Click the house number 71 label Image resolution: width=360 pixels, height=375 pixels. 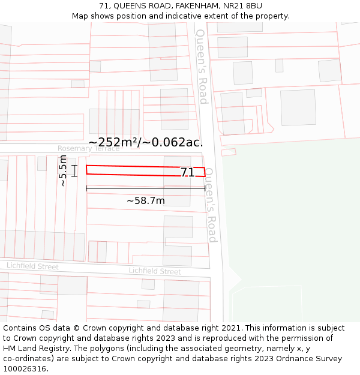click(187, 172)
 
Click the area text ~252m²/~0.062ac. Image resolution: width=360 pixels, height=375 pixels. click(146, 142)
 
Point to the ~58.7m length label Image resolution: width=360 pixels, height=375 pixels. click(145, 200)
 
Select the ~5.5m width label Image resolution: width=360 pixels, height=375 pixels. click(63, 171)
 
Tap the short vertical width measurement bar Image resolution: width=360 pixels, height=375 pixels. click(74, 171)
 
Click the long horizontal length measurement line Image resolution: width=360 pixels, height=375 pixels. click(145, 188)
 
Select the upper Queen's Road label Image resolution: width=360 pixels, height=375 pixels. click(202, 66)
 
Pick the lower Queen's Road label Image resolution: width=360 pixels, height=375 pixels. click(210, 204)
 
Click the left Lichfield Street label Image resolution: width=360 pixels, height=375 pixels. click(32, 266)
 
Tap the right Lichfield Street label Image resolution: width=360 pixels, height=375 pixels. click(155, 271)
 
